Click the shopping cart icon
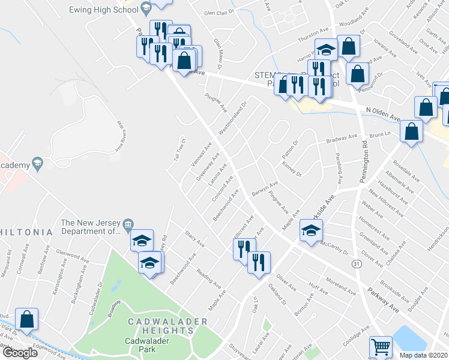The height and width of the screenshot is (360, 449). point(381,346)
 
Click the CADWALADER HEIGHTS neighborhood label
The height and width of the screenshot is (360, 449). point(167,322)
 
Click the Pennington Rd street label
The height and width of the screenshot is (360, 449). point(365,162)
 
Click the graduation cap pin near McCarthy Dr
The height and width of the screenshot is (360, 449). point(311,231)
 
